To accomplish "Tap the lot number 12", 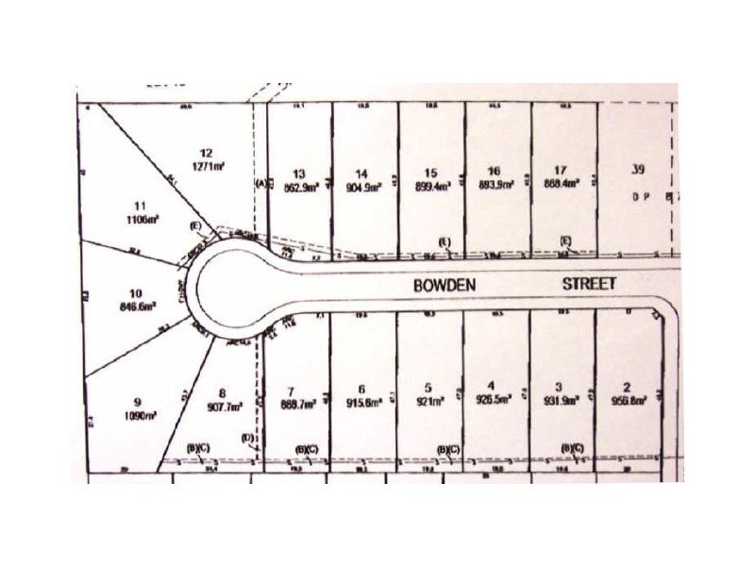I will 208,153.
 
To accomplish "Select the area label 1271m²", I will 208,166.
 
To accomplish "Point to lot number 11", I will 142,206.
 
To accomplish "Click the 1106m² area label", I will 142,219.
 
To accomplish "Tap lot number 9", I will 138,400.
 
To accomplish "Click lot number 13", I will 300,173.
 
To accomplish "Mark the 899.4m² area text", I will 431,187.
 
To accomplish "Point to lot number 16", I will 494,171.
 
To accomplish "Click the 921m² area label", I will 429,403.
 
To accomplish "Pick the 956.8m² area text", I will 628,401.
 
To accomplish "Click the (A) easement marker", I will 262,184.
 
